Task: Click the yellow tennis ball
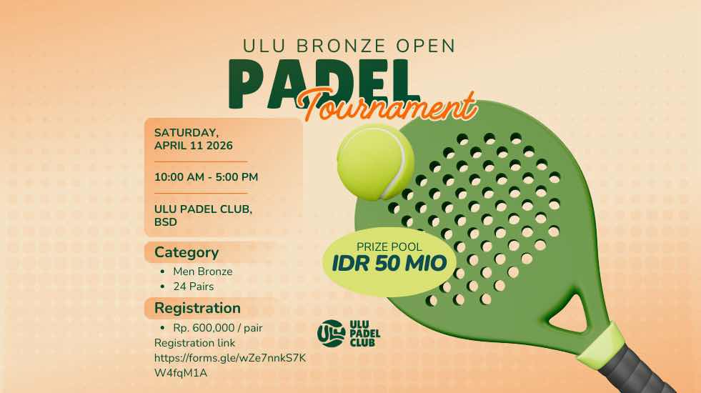point(376,162)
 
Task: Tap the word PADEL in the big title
point(324,84)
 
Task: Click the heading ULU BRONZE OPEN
point(349,46)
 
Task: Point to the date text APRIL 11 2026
point(194,146)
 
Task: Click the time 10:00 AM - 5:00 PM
point(206,177)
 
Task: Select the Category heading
point(187,253)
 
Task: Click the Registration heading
point(197,308)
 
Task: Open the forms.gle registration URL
point(230,365)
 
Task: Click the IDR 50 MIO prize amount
point(389,264)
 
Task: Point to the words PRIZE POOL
point(389,247)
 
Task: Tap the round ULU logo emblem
point(331,334)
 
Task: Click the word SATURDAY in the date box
point(186,133)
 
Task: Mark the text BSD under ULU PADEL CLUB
point(165,222)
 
